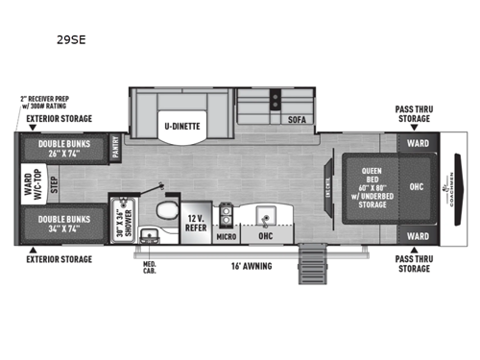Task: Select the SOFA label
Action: pos(295,122)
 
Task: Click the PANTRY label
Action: pos(116,146)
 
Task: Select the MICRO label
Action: pos(226,234)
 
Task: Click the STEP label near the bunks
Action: pos(54,185)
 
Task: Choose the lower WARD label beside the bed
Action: pos(417,234)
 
